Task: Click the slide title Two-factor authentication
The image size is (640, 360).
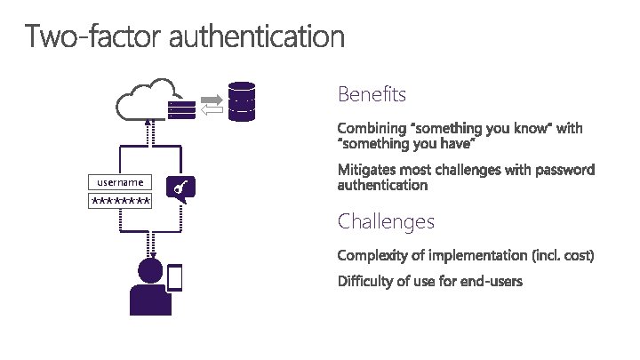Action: click(184, 36)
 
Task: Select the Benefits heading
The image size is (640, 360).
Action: click(372, 93)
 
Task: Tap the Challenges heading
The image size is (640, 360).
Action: click(386, 220)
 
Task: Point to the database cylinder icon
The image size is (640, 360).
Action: click(241, 101)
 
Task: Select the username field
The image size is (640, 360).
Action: click(119, 182)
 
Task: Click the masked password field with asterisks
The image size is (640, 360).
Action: click(119, 201)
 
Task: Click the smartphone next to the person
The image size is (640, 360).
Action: click(174, 278)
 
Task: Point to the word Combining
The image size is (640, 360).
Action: click(369, 128)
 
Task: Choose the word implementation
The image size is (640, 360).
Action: click(478, 255)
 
